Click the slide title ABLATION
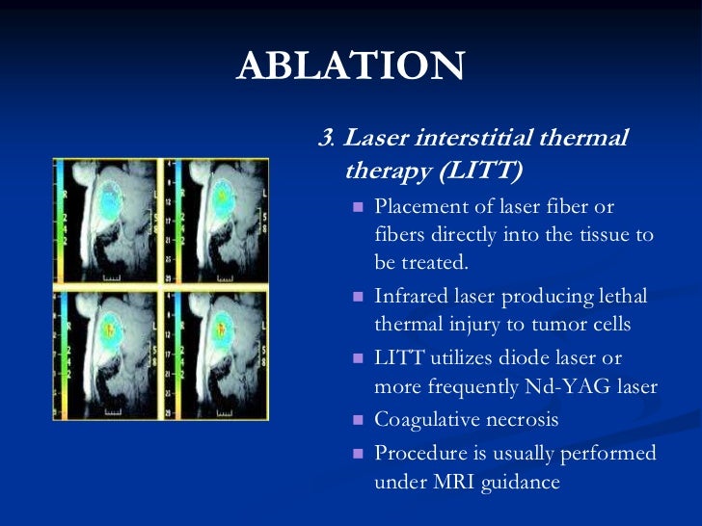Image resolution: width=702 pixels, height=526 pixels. tap(351, 66)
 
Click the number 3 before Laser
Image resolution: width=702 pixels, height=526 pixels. tap(324, 139)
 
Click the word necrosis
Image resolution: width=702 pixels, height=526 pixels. tap(525, 421)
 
